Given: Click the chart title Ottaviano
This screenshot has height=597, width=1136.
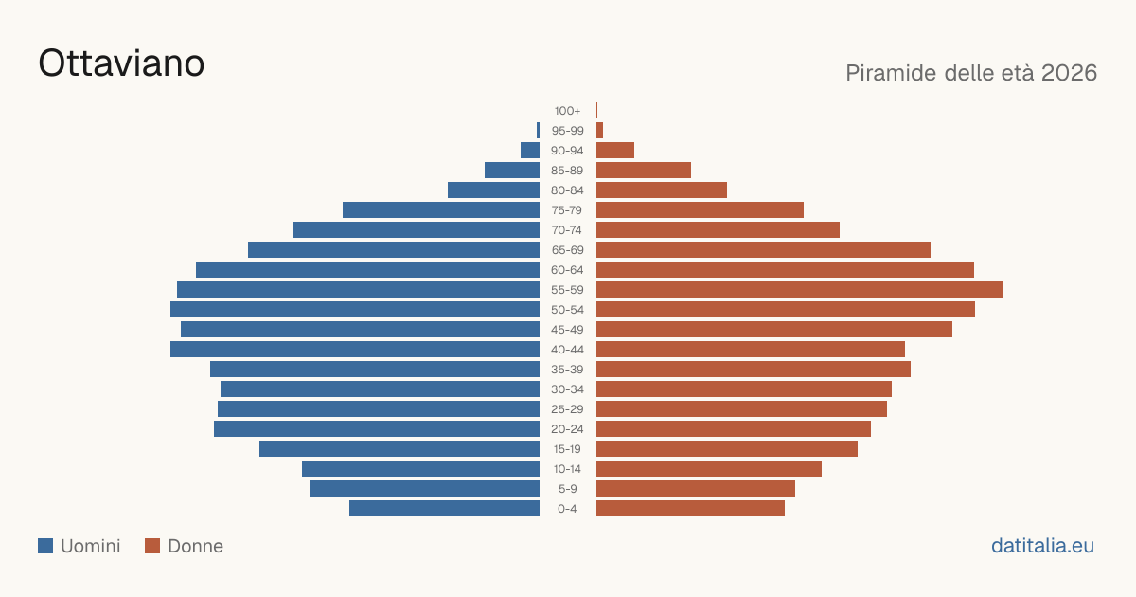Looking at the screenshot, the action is (121, 63).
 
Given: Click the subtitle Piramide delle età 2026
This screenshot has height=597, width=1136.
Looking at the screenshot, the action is (971, 73).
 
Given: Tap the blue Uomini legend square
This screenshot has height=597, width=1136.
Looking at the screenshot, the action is (45, 546).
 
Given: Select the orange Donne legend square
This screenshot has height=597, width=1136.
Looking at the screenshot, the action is (152, 546).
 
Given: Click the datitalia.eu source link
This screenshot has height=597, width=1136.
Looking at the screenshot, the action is (1042, 546).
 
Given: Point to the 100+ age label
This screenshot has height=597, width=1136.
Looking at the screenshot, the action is (567, 111).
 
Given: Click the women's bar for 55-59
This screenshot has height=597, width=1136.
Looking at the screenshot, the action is (800, 290).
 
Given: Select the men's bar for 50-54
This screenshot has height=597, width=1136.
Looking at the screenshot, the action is (355, 310).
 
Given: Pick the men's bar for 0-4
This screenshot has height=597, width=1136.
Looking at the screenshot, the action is (444, 509).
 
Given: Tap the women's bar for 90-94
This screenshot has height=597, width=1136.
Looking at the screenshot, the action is (615, 151).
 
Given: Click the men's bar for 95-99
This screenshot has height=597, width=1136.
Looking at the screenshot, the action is (538, 131).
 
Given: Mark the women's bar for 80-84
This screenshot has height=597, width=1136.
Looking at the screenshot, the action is (662, 190).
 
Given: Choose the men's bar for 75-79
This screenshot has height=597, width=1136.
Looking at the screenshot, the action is (441, 210).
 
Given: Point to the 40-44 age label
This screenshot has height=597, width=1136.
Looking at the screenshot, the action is (567, 350).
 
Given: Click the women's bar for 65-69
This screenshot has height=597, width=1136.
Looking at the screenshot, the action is (763, 250).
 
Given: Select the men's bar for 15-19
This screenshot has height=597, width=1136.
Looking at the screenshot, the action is (399, 449).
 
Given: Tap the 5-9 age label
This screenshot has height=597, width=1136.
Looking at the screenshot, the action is (567, 489).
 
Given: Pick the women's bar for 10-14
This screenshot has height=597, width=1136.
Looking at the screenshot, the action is (709, 468).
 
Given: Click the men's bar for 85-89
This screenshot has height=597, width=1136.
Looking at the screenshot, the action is (512, 170).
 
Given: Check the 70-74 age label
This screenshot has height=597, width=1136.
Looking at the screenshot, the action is (567, 230).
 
